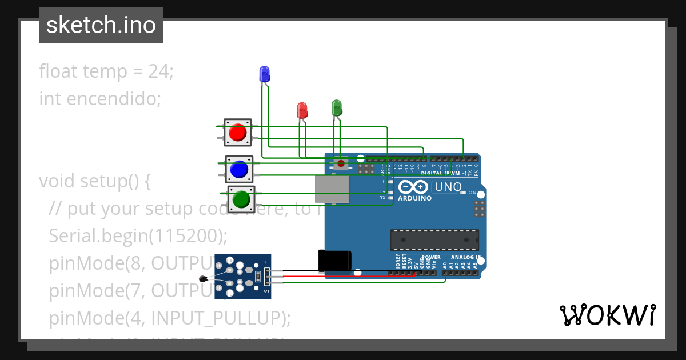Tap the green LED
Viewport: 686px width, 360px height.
click(336, 107)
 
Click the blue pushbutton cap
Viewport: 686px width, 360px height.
click(238, 170)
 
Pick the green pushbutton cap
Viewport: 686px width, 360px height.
click(241, 199)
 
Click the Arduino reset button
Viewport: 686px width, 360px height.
click(341, 164)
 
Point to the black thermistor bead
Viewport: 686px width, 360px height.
click(203, 279)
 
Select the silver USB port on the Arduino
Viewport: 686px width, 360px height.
click(332, 189)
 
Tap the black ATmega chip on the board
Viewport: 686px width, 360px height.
click(434, 240)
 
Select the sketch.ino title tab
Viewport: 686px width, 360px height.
click(101, 25)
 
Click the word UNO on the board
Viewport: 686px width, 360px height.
click(448, 187)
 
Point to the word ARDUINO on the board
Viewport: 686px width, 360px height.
click(414, 198)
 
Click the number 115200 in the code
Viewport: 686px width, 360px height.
click(186, 235)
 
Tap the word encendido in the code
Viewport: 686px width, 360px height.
click(114, 99)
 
